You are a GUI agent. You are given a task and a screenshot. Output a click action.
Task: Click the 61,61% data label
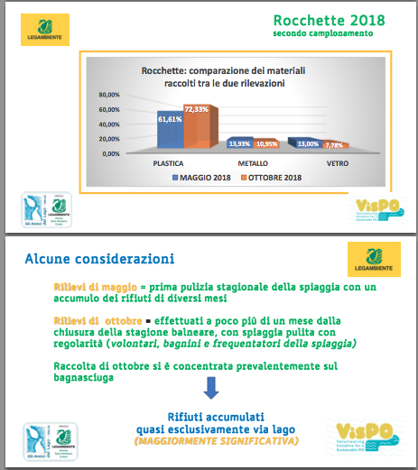coord(170,118)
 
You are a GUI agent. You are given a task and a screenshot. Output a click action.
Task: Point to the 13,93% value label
coord(238,143)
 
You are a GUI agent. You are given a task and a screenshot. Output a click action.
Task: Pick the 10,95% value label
coord(266,143)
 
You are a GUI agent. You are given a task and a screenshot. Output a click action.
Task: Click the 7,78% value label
coord(334,144)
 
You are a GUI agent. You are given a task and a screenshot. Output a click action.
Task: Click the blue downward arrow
coord(210,389)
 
